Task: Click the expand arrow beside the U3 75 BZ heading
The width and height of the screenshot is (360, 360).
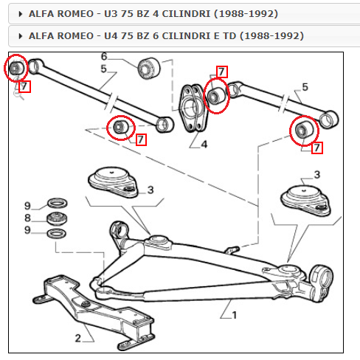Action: point(21,14)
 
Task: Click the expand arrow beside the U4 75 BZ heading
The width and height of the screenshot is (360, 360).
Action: point(21,36)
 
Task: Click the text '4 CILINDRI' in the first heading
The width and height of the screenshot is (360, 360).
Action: point(181,14)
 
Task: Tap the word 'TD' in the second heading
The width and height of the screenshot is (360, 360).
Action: point(229,36)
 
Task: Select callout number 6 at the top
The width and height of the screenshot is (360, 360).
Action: point(104,57)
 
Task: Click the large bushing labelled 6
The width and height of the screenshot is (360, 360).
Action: point(148,69)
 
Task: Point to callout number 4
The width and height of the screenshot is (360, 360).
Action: point(204,145)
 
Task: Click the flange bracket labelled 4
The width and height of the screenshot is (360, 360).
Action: point(193,108)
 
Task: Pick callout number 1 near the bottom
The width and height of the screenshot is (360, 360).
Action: point(234,315)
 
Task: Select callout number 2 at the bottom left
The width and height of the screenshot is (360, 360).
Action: point(77,338)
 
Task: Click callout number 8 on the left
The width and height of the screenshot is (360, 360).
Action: point(27,218)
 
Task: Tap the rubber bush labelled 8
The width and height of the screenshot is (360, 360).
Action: point(57,218)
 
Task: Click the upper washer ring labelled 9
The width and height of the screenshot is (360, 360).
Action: point(57,203)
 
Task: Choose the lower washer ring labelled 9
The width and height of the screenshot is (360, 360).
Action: point(57,233)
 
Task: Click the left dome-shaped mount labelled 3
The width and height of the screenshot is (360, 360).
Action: point(113,181)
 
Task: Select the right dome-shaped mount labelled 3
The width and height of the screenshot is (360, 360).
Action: point(305,201)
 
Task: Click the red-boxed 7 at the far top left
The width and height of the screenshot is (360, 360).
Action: point(24,86)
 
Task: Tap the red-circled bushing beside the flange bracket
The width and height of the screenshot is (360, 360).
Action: point(216,96)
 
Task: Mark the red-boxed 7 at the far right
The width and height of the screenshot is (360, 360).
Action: point(317,148)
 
